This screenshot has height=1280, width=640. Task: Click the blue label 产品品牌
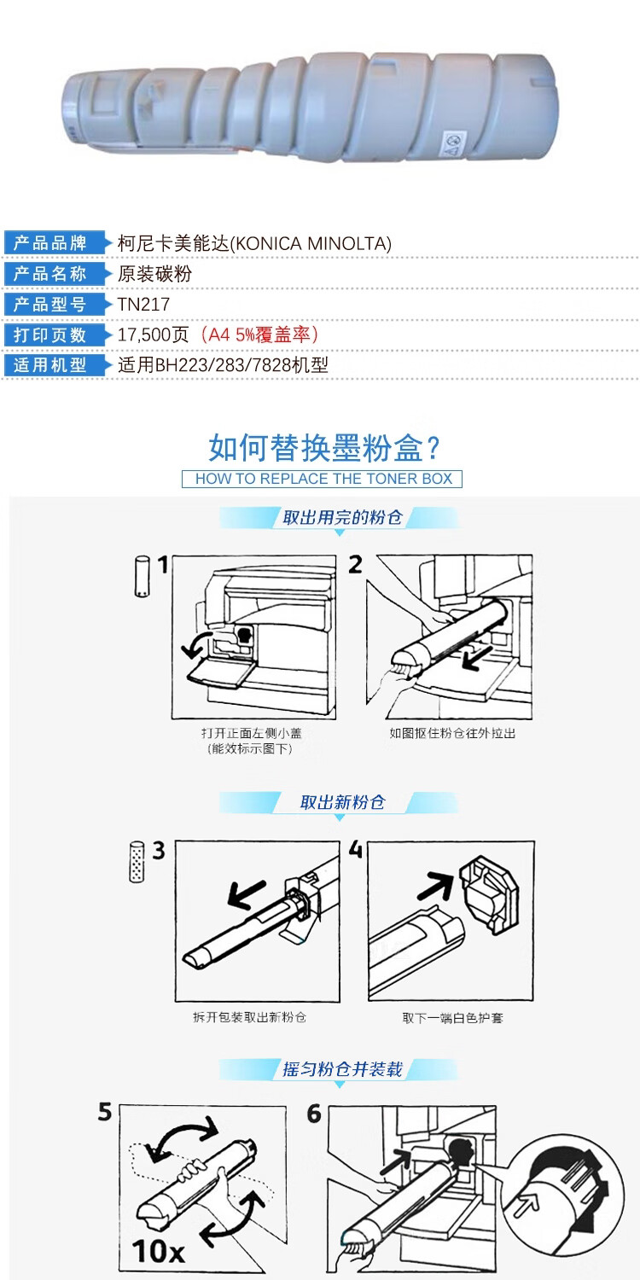click(x=50, y=243)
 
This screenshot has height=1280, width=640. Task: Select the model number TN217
click(x=144, y=304)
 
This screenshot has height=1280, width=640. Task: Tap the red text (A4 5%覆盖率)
click(x=258, y=335)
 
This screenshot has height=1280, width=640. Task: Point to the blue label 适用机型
click(x=50, y=364)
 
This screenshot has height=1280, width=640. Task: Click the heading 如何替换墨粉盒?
click(x=324, y=447)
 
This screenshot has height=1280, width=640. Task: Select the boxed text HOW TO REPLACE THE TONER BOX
click(x=323, y=479)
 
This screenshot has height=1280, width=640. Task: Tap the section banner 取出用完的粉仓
click(x=342, y=518)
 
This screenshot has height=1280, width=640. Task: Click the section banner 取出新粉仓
click(x=342, y=802)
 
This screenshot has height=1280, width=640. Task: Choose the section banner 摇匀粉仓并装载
click(x=342, y=1069)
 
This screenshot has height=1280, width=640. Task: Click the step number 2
click(x=356, y=565)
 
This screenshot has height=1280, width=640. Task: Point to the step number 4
click(x=356, y=850)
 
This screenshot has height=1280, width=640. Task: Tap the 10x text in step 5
click(x=158, y=1251)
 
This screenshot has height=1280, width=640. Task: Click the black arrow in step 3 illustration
click(x=247, y=894)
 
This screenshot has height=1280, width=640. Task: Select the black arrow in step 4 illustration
click(x=436, y=885)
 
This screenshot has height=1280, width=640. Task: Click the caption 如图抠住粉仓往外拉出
click(x=452, y=733)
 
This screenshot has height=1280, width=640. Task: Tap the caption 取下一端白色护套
click(x=452, y=1018)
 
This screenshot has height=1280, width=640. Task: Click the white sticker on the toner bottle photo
click(x=456, y=143)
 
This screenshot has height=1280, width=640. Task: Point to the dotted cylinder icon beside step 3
click(x=137, y=861)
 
